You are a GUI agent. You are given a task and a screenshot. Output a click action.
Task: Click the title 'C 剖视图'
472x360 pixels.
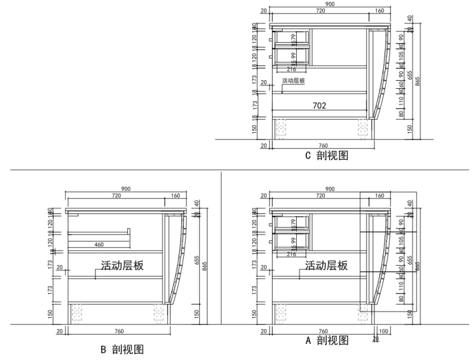click(x=326, y=156)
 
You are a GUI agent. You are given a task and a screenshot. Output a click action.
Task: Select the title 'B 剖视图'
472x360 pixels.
click(x=122, y=349)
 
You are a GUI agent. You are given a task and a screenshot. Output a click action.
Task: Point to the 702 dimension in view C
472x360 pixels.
click(x=319, y=106)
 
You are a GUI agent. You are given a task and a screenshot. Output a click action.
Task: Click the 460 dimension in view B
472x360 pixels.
click(x=99, y=245)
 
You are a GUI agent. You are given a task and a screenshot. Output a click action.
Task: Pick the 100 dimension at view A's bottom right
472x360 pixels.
click(x=383, y=331)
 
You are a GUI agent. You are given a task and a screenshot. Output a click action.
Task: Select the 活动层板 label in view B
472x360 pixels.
click(x=122, y=266)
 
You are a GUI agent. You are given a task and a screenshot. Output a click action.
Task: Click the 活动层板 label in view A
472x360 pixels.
click(x=326, y=266)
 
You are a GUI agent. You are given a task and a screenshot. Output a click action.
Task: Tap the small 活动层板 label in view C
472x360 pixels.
click(x=293, y=81)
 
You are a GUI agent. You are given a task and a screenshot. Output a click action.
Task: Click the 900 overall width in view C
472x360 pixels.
click(x=330, y=4)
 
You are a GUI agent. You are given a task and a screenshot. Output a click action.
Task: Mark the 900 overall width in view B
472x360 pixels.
click(x=125, y=189)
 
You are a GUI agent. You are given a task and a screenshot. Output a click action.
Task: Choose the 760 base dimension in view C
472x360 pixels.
click(x=322, y=145)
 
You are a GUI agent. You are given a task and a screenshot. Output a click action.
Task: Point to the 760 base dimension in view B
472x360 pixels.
click(x=118, y=331)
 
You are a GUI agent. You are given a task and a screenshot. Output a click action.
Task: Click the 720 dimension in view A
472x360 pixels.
click(x=320, y=196)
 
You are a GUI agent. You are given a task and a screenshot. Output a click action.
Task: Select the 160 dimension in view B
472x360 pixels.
click(x=175, y=196)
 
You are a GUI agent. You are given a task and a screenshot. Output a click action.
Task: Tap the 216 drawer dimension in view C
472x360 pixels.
click(x=291, y=69)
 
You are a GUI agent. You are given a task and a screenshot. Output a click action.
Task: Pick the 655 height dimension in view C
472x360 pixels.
click(x=409, y=74)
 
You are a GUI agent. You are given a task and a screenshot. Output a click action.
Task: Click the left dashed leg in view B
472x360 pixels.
click(x=78, y=313)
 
